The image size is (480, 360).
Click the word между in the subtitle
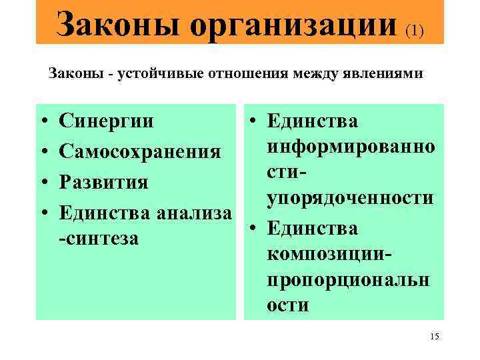[319, 74]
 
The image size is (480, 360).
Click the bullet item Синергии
[106, 122]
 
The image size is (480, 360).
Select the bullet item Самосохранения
[140, 152]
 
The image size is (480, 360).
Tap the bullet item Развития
[103, 182]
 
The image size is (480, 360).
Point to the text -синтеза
[99, 239]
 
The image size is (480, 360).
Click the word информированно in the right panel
[351, 147]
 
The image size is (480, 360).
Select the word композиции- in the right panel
[329, 254]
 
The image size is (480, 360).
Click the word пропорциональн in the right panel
[348, 280]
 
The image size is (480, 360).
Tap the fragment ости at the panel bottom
[287, 305]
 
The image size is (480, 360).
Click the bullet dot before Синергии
[42, 123]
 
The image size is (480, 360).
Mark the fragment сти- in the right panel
[287, 172]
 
